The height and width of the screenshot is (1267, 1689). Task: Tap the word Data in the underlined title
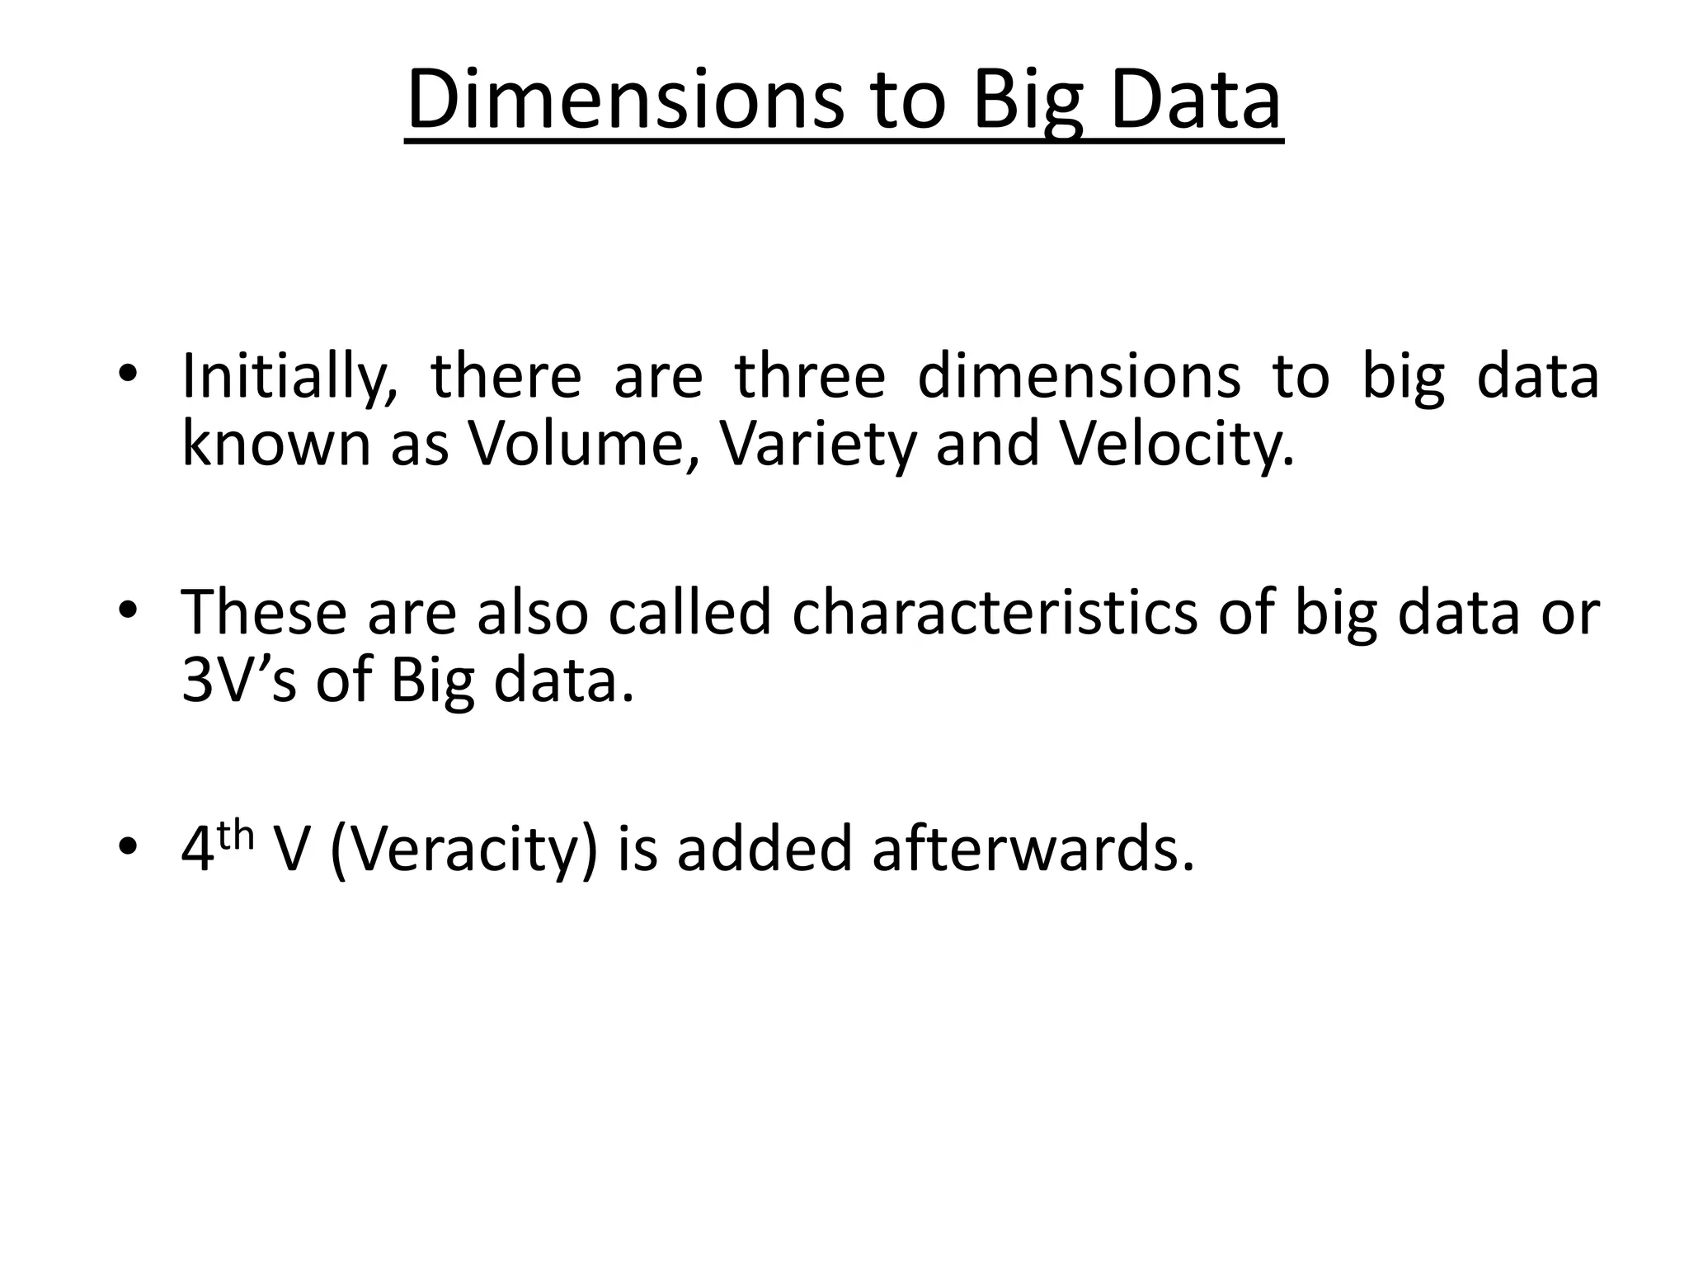1195,101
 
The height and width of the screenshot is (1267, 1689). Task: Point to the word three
810,375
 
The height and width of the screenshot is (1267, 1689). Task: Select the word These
264,613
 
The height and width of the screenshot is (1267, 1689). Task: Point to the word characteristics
995,613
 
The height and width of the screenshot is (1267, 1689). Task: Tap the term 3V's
238,681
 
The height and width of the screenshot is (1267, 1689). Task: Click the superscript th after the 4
237,835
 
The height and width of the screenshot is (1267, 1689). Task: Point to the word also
532,613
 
